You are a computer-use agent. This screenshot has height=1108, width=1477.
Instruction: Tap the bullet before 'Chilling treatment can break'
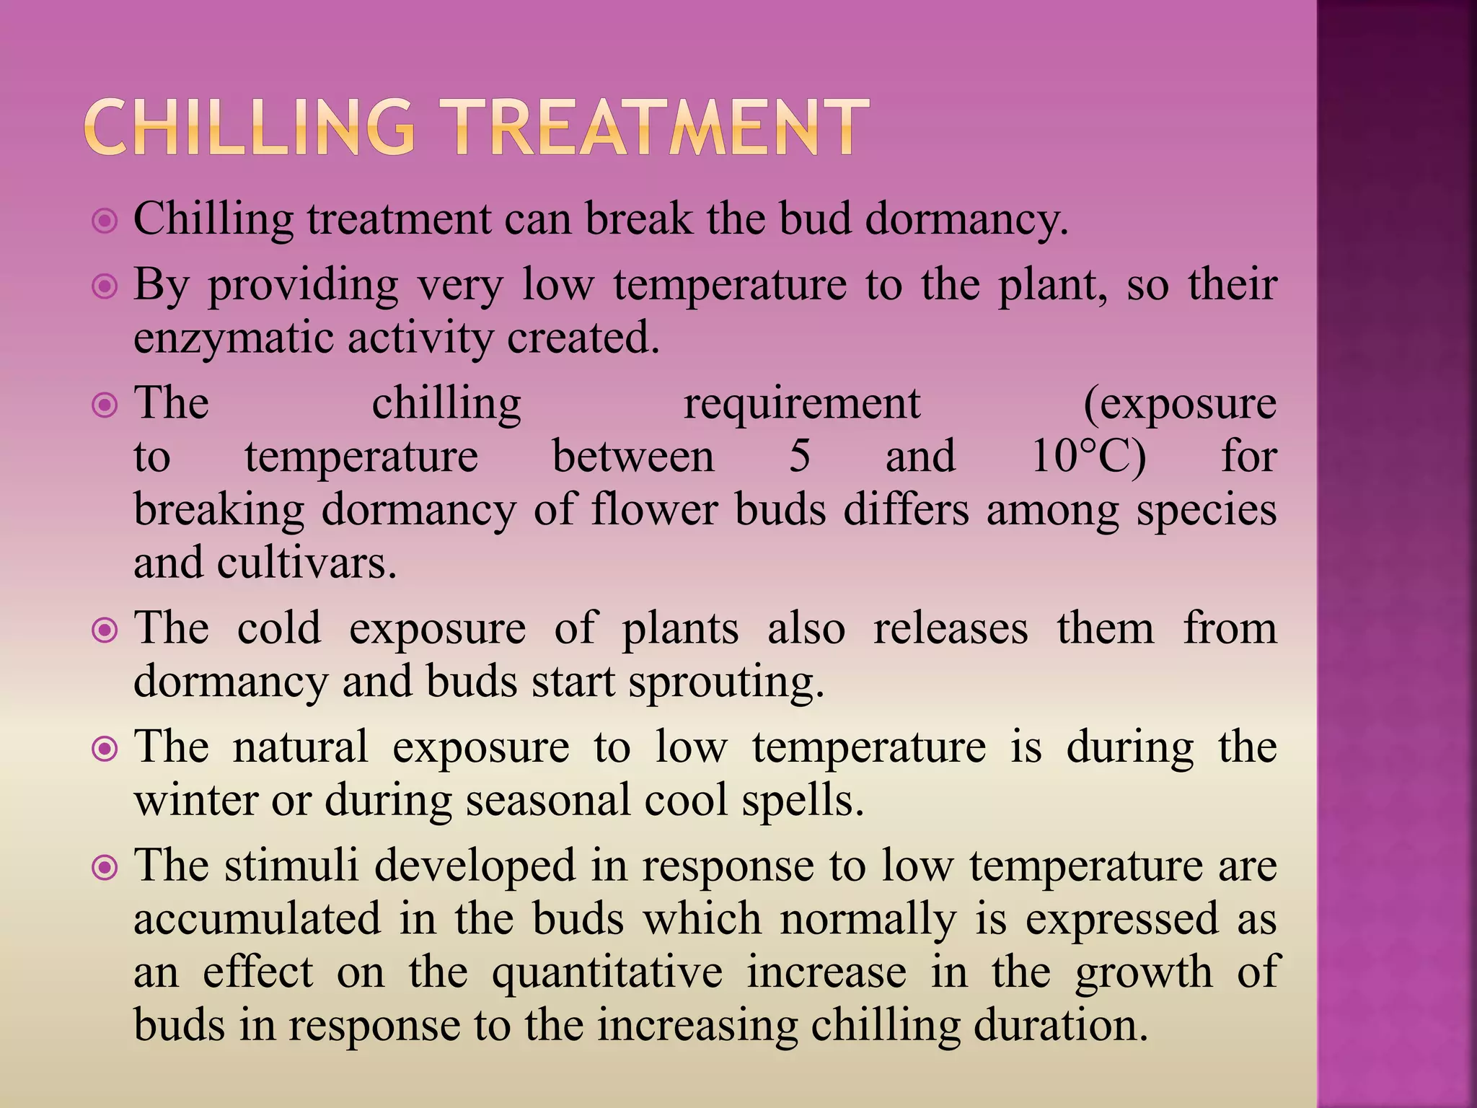click(105, 221)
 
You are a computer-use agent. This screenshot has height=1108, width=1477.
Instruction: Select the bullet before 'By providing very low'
click(105, 287)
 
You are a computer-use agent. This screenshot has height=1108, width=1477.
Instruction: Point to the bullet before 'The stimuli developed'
click(105, 868)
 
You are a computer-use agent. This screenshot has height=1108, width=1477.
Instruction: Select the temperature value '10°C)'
click(1088, 457)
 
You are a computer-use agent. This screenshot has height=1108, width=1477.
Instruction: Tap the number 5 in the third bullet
click(799, 457)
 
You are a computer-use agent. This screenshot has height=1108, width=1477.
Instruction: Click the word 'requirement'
click(801, 404)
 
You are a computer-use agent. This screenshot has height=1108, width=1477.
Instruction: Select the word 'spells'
click(801, 801)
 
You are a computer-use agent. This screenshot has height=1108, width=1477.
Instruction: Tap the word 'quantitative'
click(607, 973)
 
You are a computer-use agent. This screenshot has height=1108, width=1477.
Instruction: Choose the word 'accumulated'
click(257, 920)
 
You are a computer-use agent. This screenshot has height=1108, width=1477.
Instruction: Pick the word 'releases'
click(950, 629)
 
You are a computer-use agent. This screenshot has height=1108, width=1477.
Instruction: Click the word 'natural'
click(300, 747)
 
